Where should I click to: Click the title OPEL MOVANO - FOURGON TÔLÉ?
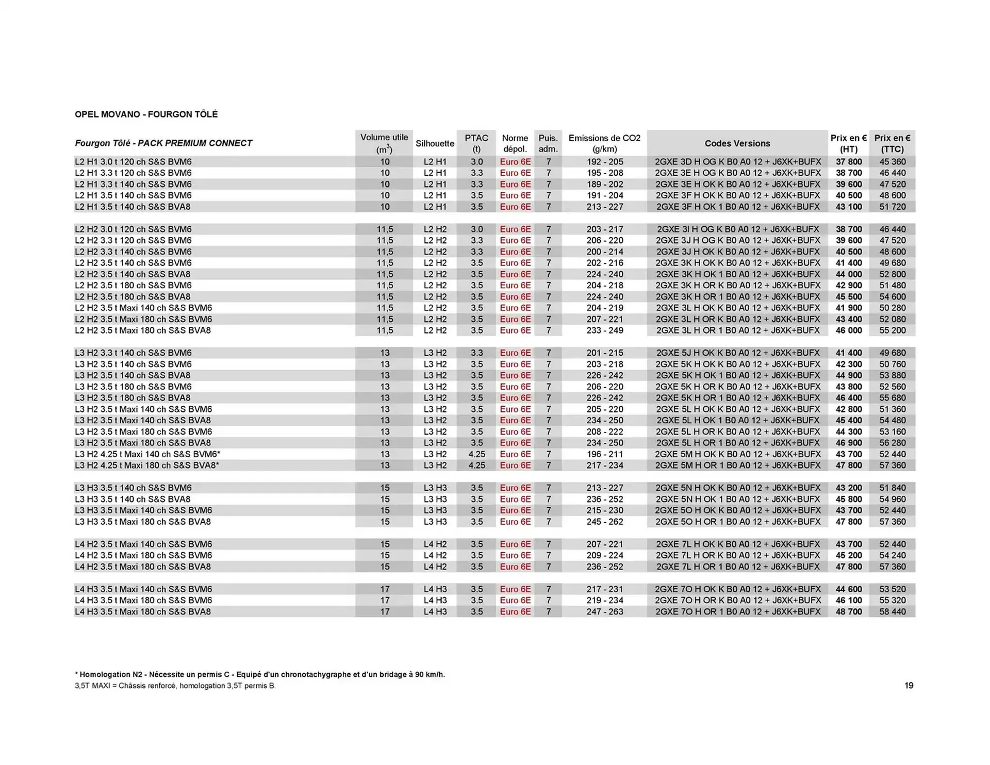click(146, 114)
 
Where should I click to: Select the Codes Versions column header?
click(737, 143)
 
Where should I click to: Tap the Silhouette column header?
click(435, 143)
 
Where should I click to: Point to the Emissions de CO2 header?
click(604, 143)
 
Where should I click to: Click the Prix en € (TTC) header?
click(892, 143)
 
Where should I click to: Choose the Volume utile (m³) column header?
click(384, 143)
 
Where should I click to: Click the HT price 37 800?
click(849, 162)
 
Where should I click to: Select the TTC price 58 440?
click(893, 612)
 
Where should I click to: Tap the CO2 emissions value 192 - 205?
click(605, 162)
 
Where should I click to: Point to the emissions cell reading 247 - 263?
click(605, 612)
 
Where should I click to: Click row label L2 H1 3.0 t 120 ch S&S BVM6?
click(133, 162)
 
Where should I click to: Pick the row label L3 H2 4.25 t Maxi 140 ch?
click(147, 454)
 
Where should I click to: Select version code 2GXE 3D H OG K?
click(737, 162)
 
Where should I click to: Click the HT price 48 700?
click(849, 612)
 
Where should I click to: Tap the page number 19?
click(909, 686)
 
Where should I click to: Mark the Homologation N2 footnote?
click(259, 674)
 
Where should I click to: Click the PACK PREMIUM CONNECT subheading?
click(195, 143)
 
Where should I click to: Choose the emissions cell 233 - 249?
click(605, 330)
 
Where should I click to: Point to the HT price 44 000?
click(849, 274)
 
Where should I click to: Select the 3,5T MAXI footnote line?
click(175, 686)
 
